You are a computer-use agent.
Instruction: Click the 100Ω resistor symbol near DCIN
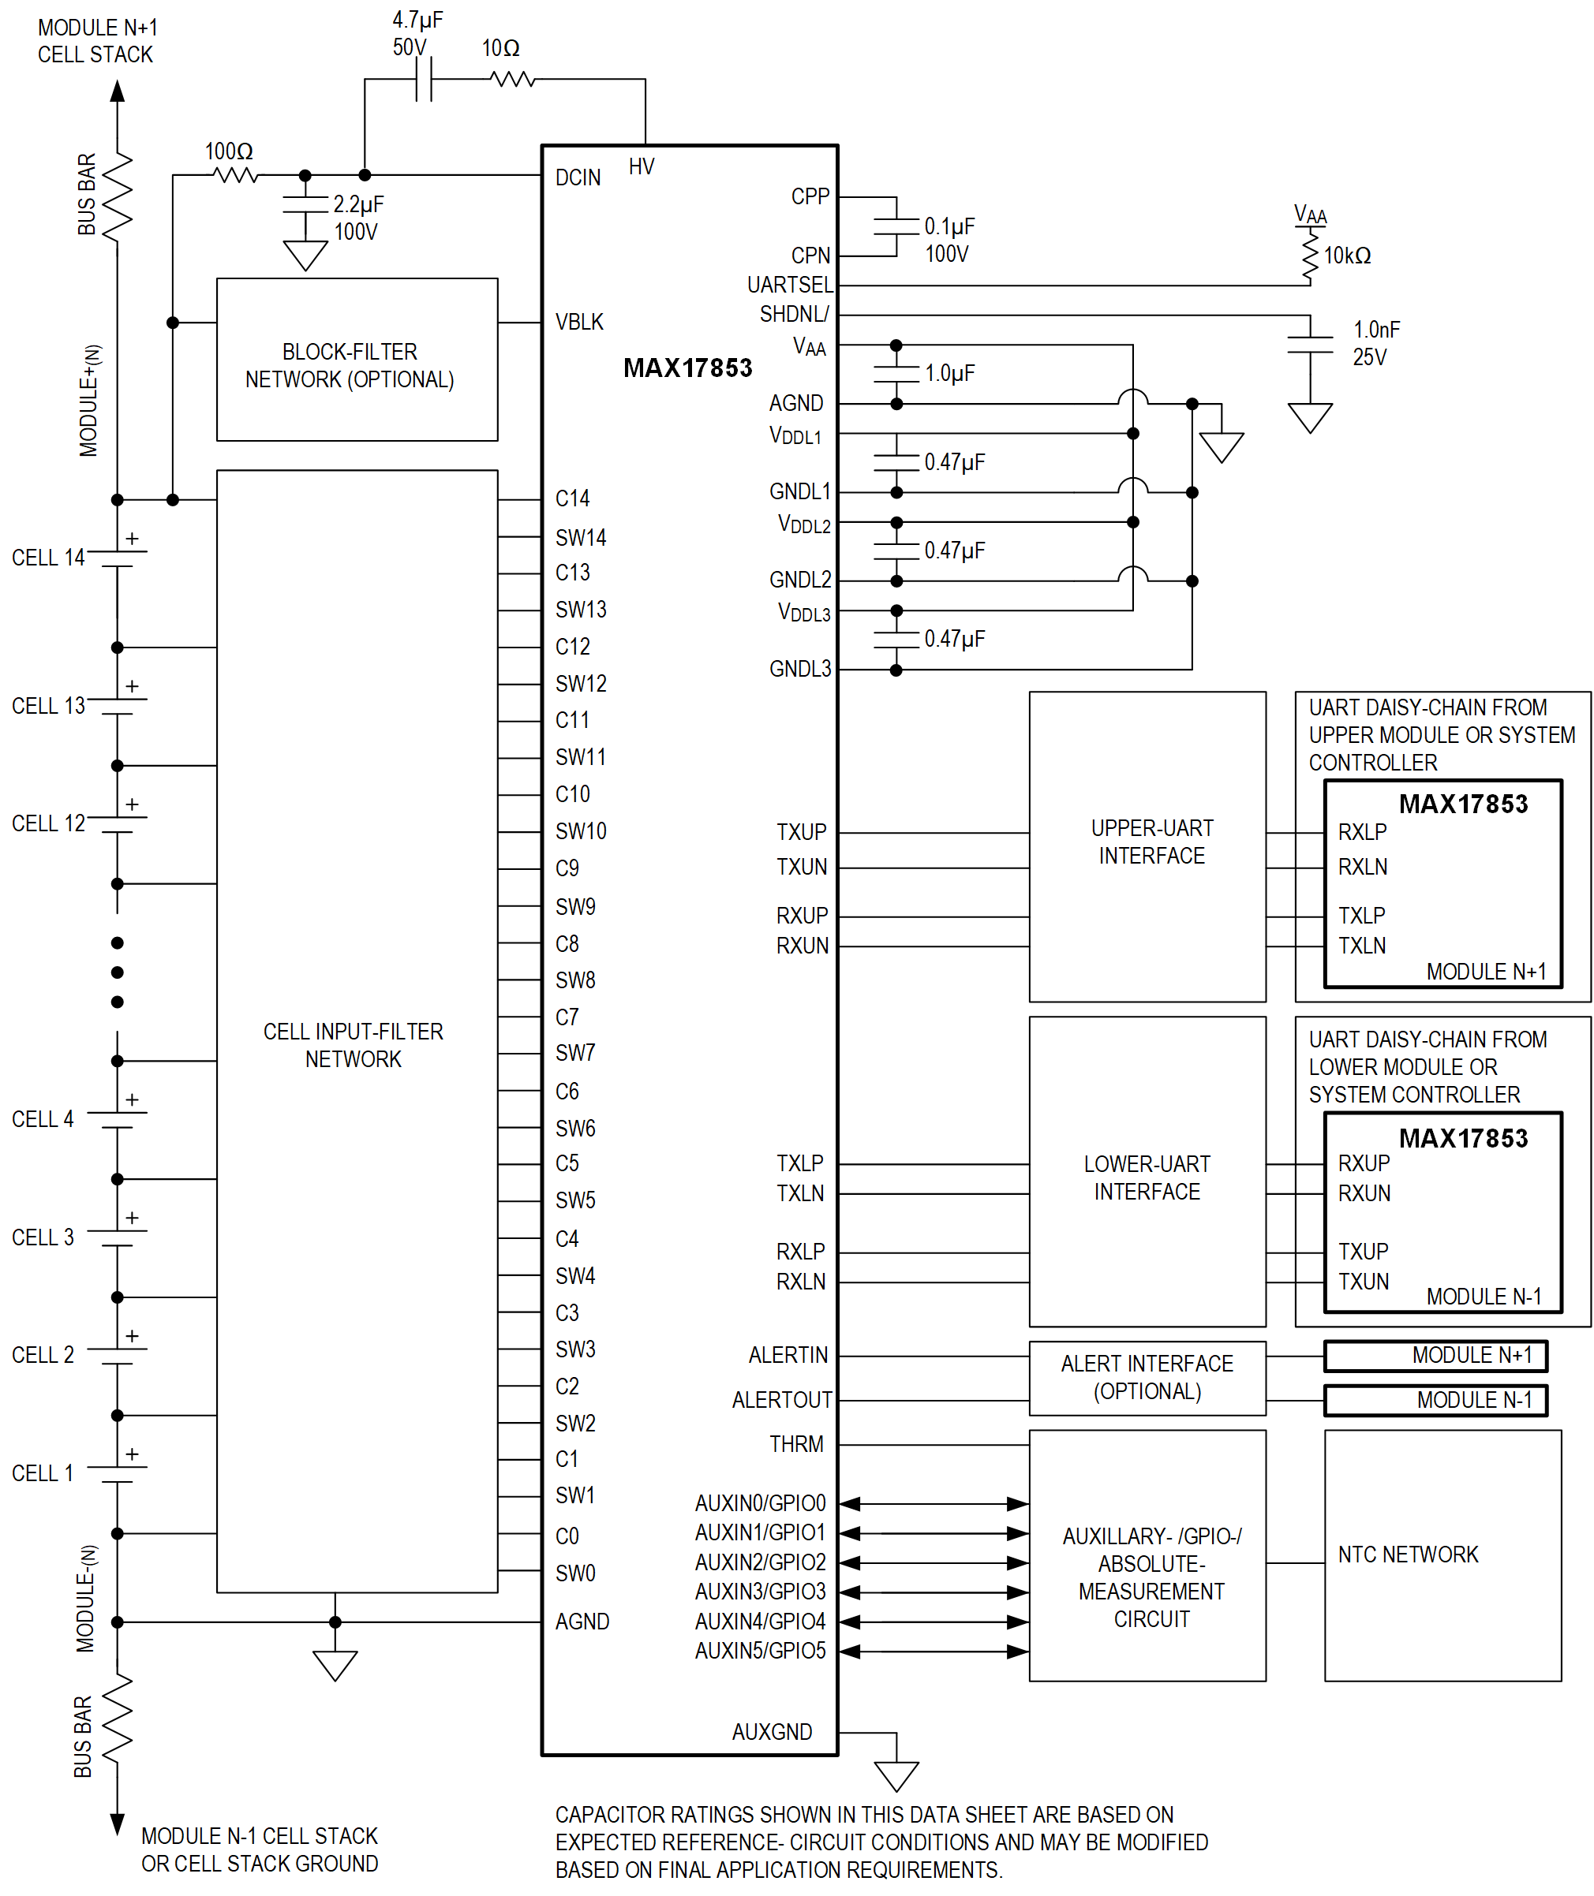pos(235,174)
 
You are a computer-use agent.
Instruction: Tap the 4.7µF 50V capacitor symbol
pos(423,80)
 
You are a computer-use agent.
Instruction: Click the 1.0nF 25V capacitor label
pos(1375,343)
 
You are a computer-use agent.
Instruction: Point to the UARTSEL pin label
pos(790,285)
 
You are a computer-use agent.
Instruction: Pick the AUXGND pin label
pos(771,1732)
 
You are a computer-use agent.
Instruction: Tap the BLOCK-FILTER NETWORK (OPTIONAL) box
pos(356,360)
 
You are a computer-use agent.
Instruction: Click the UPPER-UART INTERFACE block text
pos(1151,841)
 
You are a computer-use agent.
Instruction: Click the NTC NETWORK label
pos(1407,1554)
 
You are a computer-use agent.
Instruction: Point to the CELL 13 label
pos(48,705)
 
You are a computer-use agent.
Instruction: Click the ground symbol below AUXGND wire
pos(896,1776)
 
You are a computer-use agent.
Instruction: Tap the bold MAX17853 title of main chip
pos(687,368)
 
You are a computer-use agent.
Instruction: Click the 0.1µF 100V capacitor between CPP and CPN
pos(896,226)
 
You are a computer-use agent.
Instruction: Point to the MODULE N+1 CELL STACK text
pos(97,41)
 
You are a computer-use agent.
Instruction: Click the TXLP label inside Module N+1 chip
pos(1361,915)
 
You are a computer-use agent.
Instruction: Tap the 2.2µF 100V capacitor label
pos(357,218)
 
